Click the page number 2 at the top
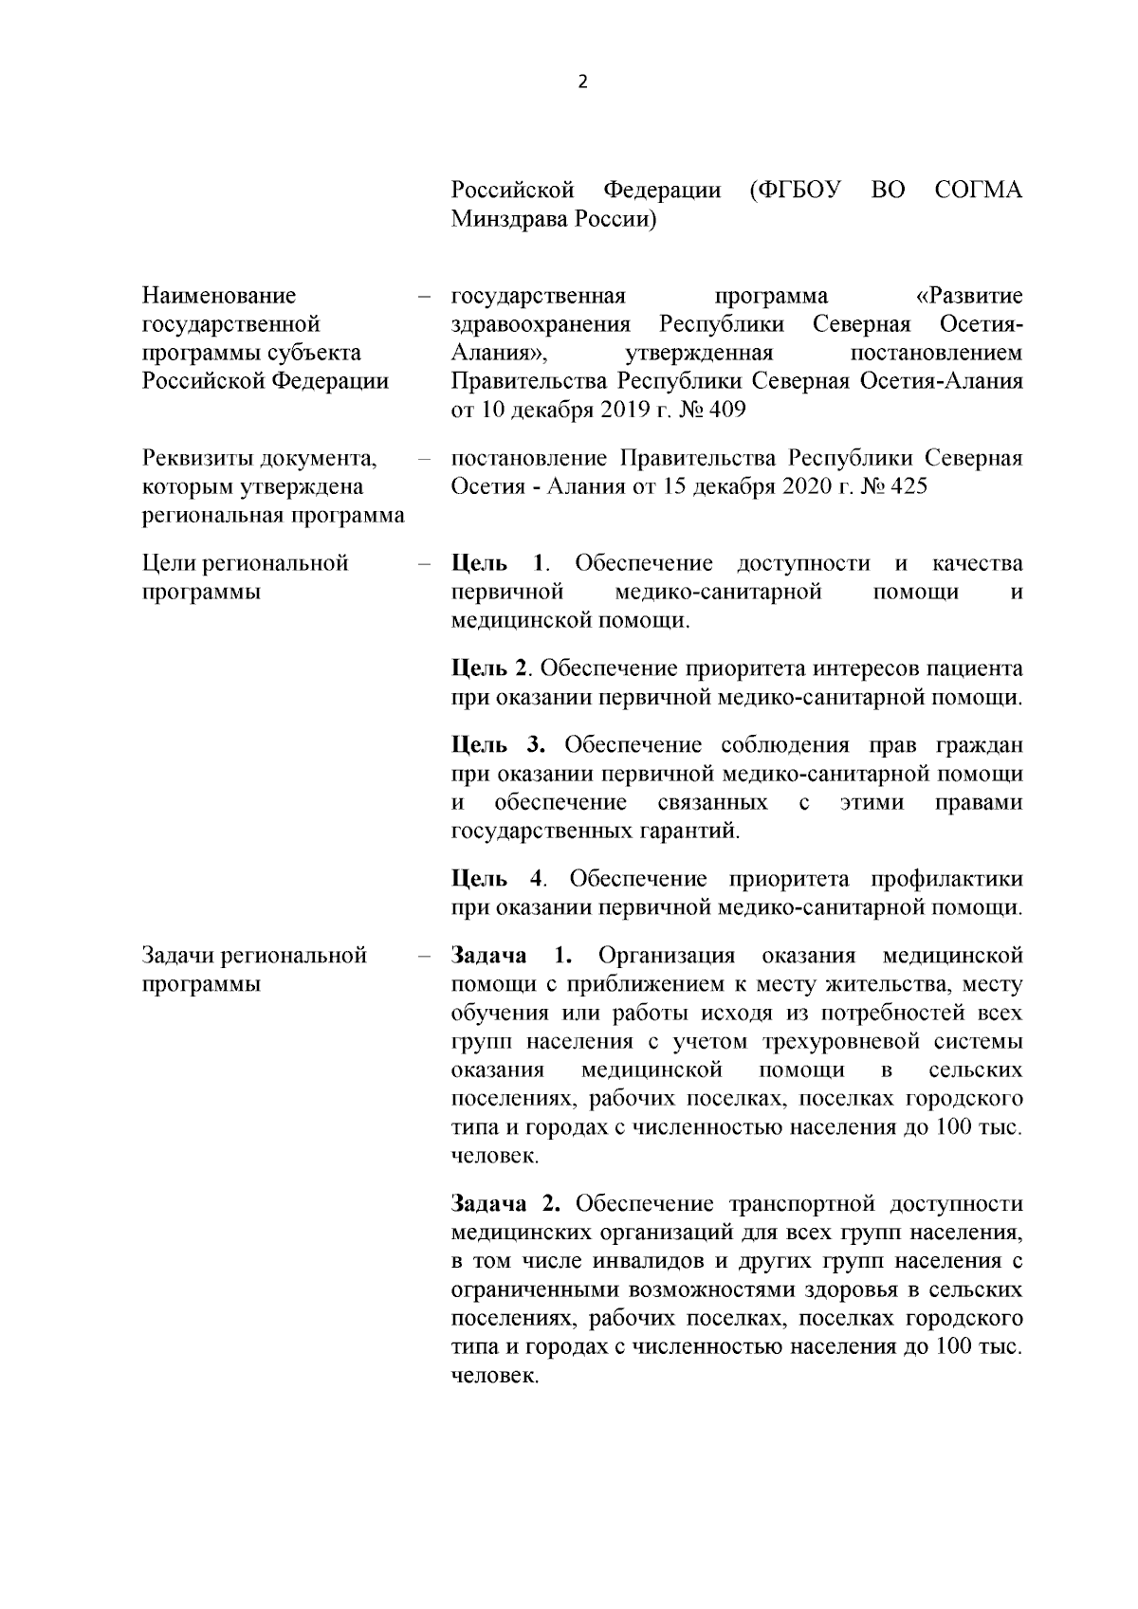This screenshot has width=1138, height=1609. click(582, 82)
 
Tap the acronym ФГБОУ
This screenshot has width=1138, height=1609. click(795, 191)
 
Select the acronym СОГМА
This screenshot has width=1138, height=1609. click(978, 191)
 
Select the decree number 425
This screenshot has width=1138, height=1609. click(909, 487)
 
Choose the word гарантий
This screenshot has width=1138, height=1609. click(687, 832)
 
